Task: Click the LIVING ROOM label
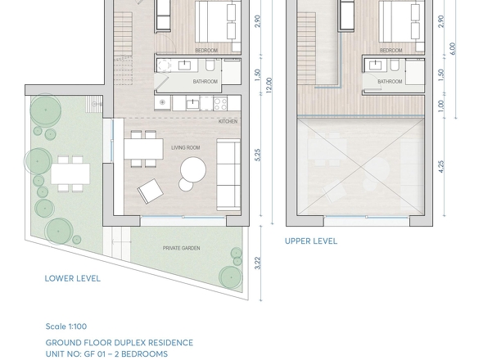click(x=186, y=148)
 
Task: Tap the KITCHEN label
click(x=228, y=121)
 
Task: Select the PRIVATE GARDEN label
click(x=182, y=248)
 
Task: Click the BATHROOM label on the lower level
click(x=205, y=82)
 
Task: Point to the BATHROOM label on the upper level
click(x=390, y=82)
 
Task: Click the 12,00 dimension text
click(x=269, y=85)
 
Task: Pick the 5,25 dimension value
click(x=258, y=155)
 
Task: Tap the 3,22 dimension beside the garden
click(x=258, y=263)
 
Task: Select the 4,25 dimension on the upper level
click(x=441, y=167)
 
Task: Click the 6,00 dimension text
click(x=452, y=49)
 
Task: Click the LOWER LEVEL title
click(x=73, y=279)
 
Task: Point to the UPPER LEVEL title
click(x=311, y=241)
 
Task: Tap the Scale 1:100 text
click(x=66, y=326)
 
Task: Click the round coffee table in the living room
click(x=193, y=170)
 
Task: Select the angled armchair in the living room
click(x=150, y=191)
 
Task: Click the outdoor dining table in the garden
click(x=70, y=173)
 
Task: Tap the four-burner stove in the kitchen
click(x=220, y=103)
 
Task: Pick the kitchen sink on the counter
click(x=193, y=104)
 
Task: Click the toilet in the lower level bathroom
click(x=210, y=65)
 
